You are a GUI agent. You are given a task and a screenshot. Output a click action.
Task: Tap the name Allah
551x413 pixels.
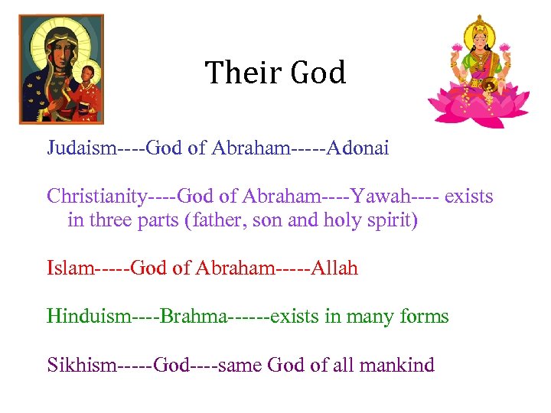point(331,268)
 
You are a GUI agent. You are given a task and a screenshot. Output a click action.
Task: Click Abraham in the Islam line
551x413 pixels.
point(230,268)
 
